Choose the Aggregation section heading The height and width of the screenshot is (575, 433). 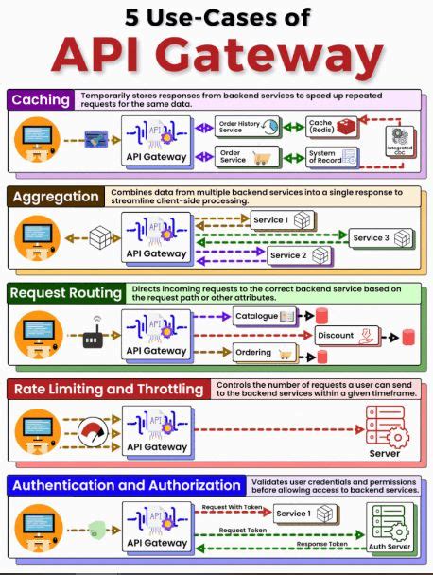(54, 197)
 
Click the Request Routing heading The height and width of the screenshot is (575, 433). (65, 293)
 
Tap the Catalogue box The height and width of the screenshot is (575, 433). (265, 315)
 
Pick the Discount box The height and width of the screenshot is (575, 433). (346, 335)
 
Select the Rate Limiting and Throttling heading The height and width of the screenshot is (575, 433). (107, 390)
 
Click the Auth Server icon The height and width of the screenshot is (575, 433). (390, 526)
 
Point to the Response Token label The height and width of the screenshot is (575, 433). (322, 544)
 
